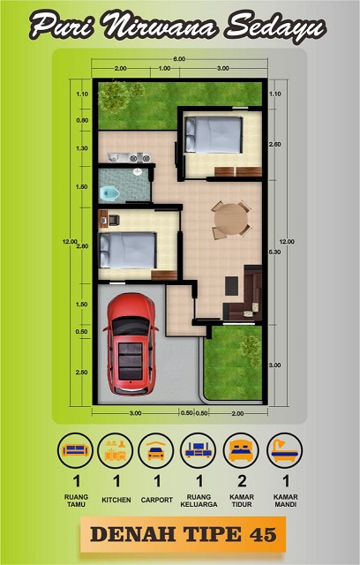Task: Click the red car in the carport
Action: tap(131, 343)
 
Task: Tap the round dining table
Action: tap(231, 220)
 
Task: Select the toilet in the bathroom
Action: tap(109, 193)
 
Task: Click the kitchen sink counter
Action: tap(129, 157)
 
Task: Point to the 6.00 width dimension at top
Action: tap(179, 59)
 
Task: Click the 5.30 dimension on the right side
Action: tap(274, 252)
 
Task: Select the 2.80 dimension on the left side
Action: tap(82, 246)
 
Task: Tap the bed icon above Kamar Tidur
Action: tap(241, 450)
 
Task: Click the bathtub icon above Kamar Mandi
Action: tap(284, 450)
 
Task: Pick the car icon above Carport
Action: tap(156, 450)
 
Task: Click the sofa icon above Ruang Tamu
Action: tap(75, 450)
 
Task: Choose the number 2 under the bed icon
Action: tap(242, 480)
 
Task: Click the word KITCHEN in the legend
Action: tap(116, 500)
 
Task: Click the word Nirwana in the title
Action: tap(160, 26)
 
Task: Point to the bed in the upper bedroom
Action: tap(214, 135)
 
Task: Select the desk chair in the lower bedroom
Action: tap(114, 220)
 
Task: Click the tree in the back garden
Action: tap(114, 96)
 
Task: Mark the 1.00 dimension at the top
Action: tap(164, 68)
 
